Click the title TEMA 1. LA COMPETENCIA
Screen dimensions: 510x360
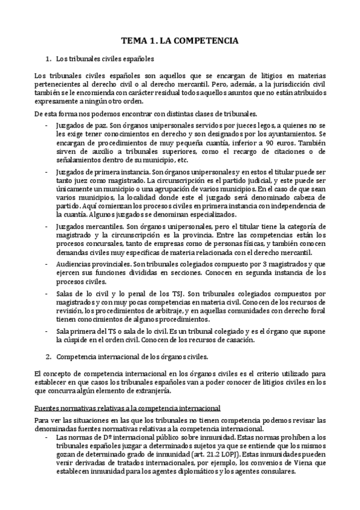coord(180,41)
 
